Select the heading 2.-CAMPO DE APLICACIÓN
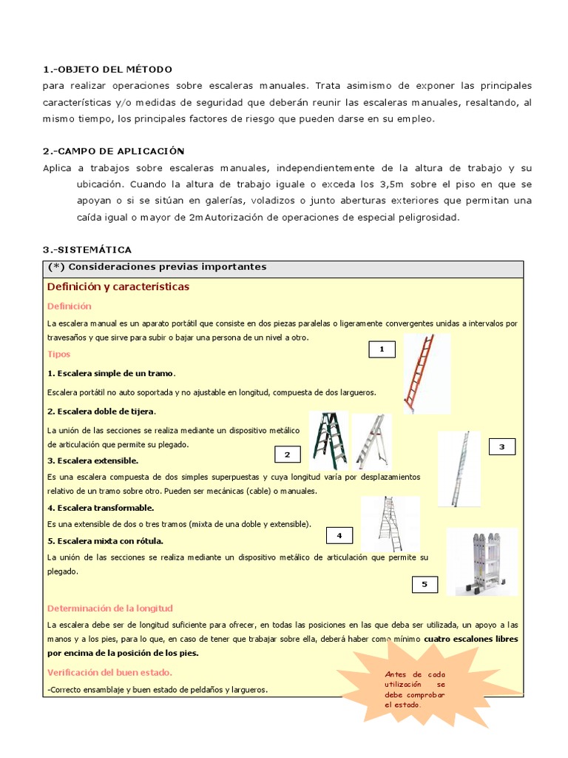pyautogui.click(x=113, y=151)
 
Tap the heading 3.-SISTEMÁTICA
pyautogui.click(x=87, y=250)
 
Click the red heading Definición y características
pyautogui.click(x=118, y=286)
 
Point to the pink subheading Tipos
pyautogui.click(x=58, y=354)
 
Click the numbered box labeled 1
pyautogui.click(x=382, y=349)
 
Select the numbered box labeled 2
pyautogui.click(x=288, y=455)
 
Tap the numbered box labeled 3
pyautogui.click(x=501, y=446)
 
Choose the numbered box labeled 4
pyautogui.click(x=339, y=535)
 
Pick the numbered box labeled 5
pyautogui.click(x=425, y=585)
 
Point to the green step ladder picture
pyautogui.click(x=328, y=440)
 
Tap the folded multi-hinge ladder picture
pyautogui.click(x=481, y=561)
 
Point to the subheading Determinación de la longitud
pyautogui.click(x=109, y=608)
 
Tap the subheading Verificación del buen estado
pyautogui.click(x=109, y=672)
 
